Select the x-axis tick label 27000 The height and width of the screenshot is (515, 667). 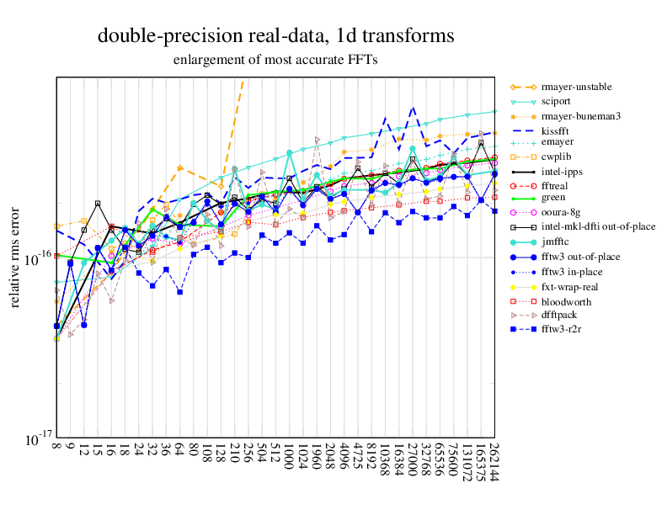point(412,459)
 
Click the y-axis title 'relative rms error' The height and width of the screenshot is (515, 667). point(15,260)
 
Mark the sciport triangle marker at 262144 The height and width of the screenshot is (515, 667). point(494,111)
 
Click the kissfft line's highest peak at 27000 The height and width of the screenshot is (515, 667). point(412,108)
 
